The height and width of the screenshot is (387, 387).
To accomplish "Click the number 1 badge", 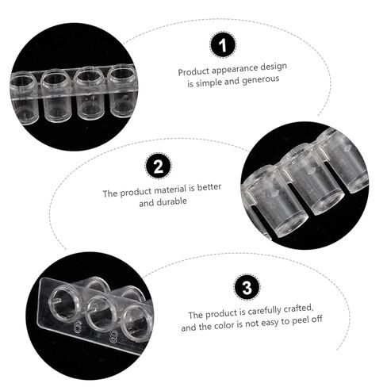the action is point(223,44).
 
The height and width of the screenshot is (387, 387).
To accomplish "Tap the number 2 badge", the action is point(158,166).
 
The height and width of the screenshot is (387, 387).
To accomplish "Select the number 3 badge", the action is point(247,287).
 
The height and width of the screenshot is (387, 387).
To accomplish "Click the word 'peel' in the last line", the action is point(300,321).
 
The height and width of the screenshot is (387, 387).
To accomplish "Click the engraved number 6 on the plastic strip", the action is point(77,328).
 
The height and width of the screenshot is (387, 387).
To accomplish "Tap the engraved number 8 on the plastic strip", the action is point(113,338).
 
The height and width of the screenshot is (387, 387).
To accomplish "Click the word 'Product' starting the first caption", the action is point(193,72).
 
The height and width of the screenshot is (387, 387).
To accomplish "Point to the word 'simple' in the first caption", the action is point(209,82).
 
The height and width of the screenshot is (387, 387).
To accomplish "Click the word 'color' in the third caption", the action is point(224,325).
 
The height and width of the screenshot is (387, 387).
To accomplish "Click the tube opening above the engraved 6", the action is point(65,304).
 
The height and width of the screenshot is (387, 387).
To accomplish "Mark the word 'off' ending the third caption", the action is point(316,320).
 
